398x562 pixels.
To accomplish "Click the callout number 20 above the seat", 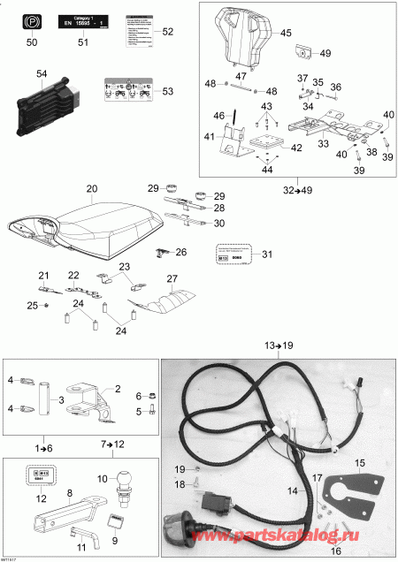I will [91, 189].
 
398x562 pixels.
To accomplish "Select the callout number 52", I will [169, 32].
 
